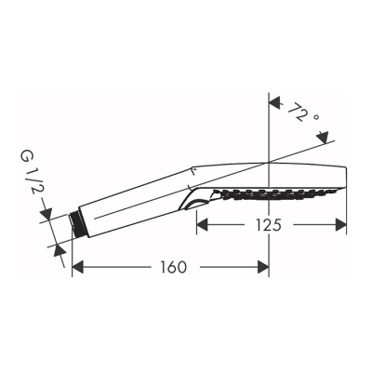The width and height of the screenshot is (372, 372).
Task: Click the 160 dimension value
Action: (x=170, y=267)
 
